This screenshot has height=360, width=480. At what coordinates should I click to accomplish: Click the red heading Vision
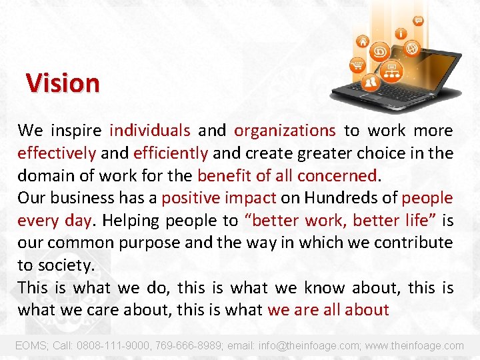(63, 83)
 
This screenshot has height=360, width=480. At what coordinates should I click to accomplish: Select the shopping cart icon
(357, 65)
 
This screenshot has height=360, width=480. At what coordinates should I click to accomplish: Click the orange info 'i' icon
(401, 33)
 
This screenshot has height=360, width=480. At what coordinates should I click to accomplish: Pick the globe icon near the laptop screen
(413, 48)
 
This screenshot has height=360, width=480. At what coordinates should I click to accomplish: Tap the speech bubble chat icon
(418, 21)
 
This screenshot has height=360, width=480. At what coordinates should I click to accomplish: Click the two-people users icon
(371, 83)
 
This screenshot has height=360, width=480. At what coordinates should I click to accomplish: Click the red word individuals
(150, 131)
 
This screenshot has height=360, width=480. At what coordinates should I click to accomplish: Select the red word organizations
(285, 131)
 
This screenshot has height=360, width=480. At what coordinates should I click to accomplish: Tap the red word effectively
(57, 153)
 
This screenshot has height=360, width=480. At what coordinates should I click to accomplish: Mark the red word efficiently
(171, 153)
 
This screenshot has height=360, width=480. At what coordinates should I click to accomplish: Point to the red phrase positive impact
(219, 198)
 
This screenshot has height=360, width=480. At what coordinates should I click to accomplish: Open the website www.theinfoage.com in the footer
(415, 345)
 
